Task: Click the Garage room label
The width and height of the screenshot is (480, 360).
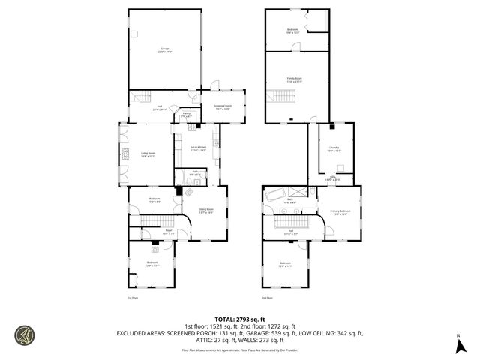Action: [163, 50]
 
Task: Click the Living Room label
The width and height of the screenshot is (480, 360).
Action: [148, 154]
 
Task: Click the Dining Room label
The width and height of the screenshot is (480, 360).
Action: [205, 211]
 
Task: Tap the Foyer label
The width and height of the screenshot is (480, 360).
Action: [169, 232]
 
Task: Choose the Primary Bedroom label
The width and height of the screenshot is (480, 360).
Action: [341, 212]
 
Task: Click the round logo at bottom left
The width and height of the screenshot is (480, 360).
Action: [25, 334]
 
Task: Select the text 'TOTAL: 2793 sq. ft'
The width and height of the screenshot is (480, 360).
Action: [239, 319]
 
